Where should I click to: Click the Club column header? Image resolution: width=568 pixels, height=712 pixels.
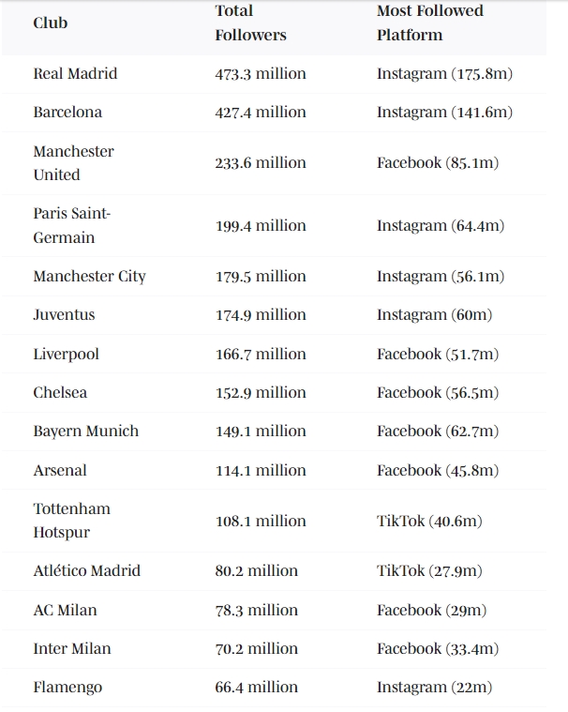pyautogui.click(x=51, y=23)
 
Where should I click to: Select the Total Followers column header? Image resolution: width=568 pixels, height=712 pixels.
pyautogui.click(x=250, y=23)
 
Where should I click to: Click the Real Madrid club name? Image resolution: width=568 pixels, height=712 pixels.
pyautogui.click(x=75, y=73)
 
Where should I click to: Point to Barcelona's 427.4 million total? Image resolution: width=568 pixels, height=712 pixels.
pyautogui.click(x=261, y=112)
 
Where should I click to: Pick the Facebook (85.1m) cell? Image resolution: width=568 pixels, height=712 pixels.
pyautogui.click(x=438, y=162)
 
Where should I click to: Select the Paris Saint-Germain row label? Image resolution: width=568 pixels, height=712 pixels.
pyautogui.click(x=71, y=225)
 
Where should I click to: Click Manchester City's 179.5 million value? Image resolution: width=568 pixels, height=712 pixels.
pyautogui.click(x=261, y=276)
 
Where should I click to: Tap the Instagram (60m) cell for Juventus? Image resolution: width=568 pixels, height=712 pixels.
pyautogui.click(x=434, y=314)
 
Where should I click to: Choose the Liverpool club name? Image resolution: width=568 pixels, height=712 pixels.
pyautogui.click(x=66, y=354)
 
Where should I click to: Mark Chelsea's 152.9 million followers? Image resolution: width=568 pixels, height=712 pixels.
pyautogui.click(x=261, y=392)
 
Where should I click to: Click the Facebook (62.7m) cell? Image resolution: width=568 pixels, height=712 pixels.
pyautogui.click(x=438, y=431)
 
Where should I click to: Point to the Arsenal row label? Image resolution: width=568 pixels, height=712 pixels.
pyautogui.click(x=60, y=470)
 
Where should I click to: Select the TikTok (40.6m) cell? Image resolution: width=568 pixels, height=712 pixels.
pyautogui.click(x=430, y=521)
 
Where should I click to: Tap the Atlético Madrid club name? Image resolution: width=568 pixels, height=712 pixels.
pyautogui.click(x=86, y=570)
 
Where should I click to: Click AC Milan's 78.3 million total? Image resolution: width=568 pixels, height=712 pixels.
pyautogui.click(x=257, y=610)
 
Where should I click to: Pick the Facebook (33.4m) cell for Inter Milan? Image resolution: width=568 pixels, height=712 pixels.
pyautogui.click(x=438, y=648)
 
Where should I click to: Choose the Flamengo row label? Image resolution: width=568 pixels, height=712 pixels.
pyautogui.click(x=67, y=687)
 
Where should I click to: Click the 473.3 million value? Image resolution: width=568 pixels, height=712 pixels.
pyautogui.click(x=261, y=73)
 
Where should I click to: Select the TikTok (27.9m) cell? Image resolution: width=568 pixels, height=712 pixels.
pyautogui.click(x=430, y=570)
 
